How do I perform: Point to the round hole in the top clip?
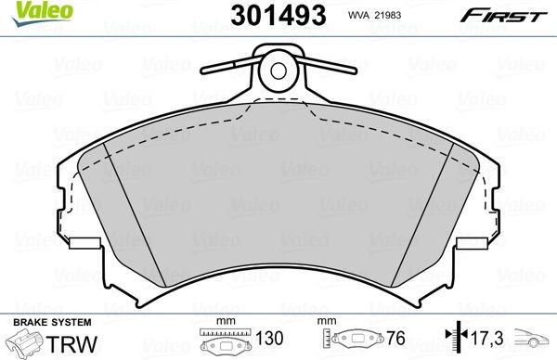coord(276,69)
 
